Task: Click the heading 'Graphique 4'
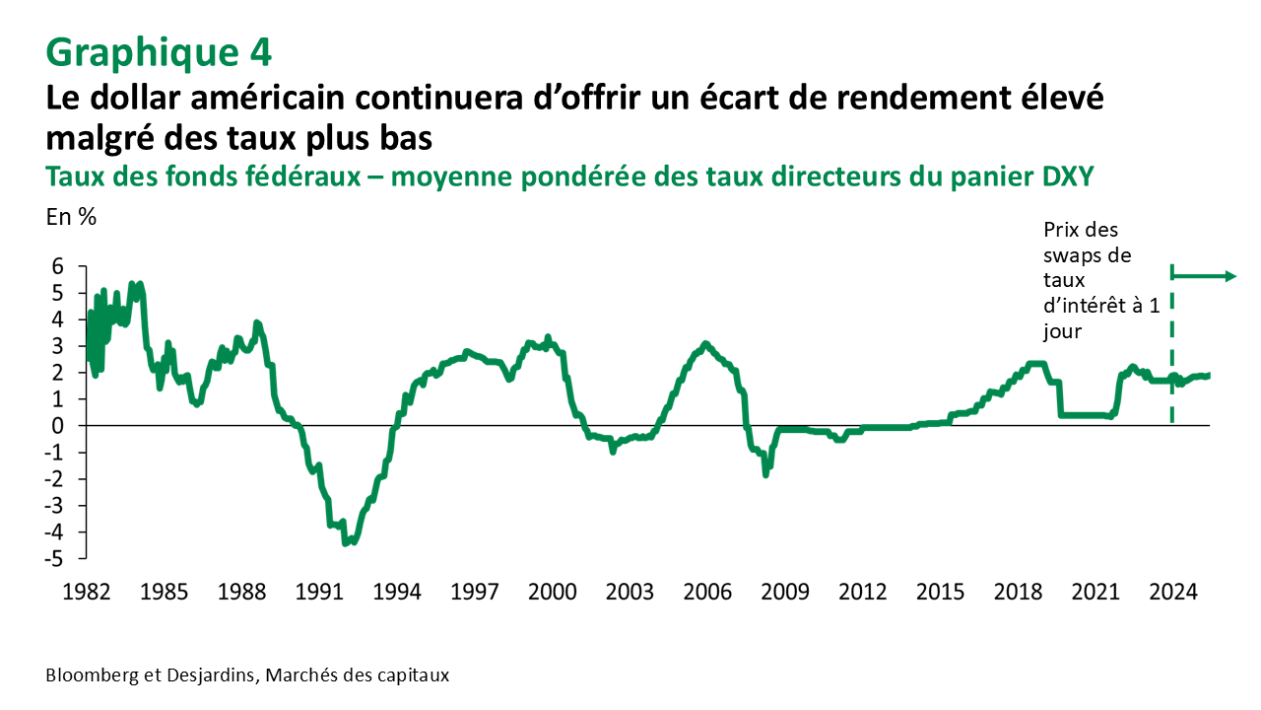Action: (x=159, y=51)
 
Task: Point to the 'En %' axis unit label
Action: (x=71, y=218)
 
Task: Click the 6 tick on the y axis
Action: (x=57, y=266)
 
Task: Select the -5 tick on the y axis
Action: (x=54, y=559)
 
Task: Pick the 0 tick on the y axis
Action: (x=57, y=426)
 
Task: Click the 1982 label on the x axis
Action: (x=87, y=593)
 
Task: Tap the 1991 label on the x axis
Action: (x=319, y=593)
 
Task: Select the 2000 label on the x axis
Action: (x=552, y=593)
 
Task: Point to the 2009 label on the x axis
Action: (x=785, y=593)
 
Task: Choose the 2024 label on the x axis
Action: (x=1173, y=593)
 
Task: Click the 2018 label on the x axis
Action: (x=1018, y=593)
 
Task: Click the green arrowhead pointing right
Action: (x=1228, y=276)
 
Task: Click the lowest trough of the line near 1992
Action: (x=347, y=541)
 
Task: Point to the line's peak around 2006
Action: (x=704, y=343)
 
